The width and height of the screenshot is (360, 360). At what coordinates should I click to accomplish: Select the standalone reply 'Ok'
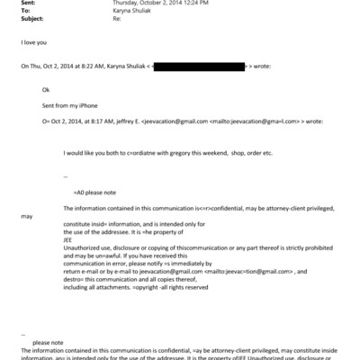coord(47,90)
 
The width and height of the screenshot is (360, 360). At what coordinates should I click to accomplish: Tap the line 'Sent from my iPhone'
coord(68,105)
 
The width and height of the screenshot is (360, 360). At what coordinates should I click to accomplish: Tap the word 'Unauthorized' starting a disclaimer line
coord(83,247)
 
